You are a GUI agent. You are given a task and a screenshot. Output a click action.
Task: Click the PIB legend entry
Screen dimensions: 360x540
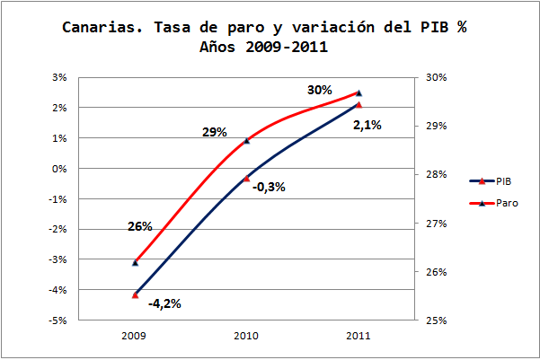[503, 180]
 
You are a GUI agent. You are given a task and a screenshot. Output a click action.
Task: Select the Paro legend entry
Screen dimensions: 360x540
[505, 203]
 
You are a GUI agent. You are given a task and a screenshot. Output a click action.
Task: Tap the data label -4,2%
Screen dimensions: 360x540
[164, 303]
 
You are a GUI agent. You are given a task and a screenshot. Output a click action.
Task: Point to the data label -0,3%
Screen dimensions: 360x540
[270, 187]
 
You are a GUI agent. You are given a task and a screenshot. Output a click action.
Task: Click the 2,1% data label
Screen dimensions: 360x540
[367, 126]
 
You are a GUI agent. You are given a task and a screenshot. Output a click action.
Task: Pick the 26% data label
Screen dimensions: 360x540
[139, 226]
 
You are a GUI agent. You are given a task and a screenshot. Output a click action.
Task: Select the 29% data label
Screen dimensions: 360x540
[214, 133]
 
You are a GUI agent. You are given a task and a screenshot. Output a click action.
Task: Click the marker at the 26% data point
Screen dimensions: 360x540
[135, 262]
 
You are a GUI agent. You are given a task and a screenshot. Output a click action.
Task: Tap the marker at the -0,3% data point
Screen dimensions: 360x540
[247, 178]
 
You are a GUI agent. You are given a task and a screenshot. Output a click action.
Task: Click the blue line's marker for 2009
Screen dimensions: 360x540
[135, 294]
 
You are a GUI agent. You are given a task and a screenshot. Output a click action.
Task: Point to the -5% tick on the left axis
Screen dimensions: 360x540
[59, 320]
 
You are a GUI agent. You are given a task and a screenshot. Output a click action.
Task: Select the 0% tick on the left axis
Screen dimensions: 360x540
[61, 168]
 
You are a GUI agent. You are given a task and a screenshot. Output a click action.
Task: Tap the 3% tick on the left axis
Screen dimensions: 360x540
[61, 77]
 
